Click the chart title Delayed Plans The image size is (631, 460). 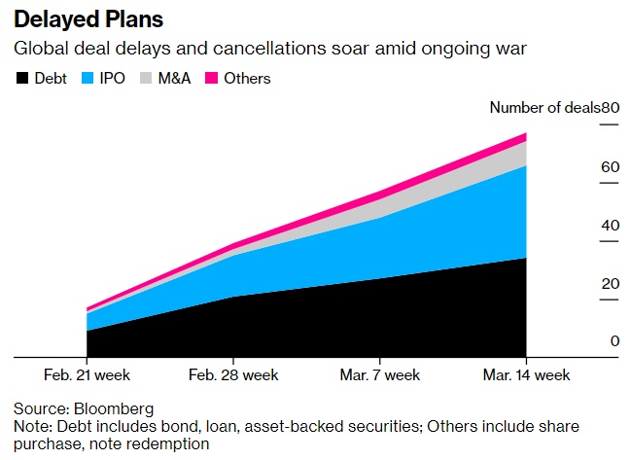coord(82,18)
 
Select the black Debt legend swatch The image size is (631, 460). coord(20,78)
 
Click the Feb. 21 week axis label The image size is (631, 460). coord(87,374)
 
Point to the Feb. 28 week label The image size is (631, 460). coord(233,374)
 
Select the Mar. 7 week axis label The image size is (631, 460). coord(380,374)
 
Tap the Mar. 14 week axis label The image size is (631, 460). coord(527,374)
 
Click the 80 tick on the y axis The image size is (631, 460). coord(611,108)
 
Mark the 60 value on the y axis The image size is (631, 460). coord(611,167)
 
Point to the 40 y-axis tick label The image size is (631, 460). coord(611,226)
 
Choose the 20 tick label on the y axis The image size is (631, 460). coord(611,284)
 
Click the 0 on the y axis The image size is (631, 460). coord(614,341)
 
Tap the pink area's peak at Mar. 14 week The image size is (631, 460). coord(526,135)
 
